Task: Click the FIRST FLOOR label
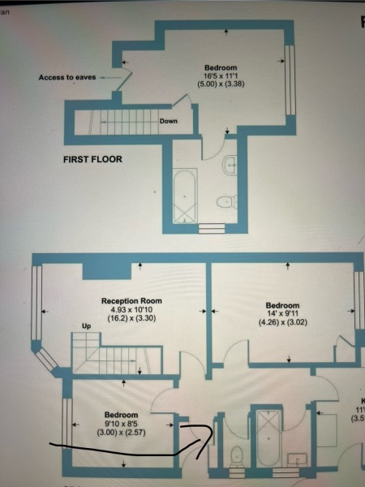(x=92, y=159)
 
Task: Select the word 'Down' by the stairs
(x=169, y=122)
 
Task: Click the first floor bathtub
(x=185, y=196)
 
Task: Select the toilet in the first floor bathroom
(x=225, y=200)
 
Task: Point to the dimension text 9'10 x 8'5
(x=122, y=423)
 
